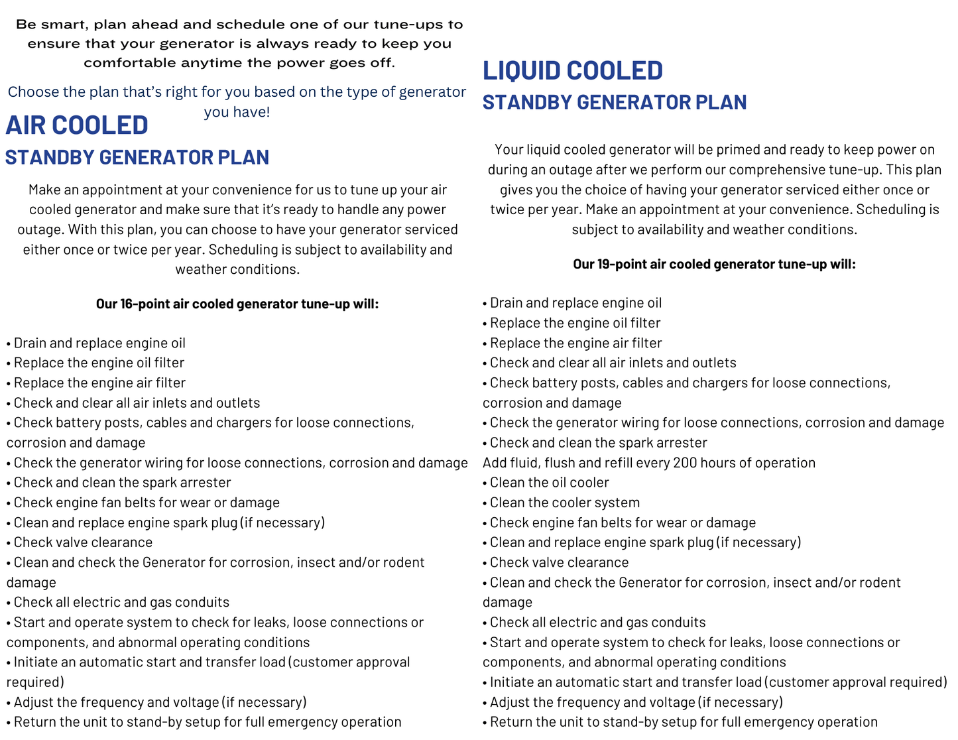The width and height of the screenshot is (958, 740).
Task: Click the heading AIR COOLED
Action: [x=77, y=125]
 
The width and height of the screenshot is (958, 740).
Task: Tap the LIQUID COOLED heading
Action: [x=572, y=70]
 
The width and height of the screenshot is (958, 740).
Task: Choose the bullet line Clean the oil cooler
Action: [x=549, y=483]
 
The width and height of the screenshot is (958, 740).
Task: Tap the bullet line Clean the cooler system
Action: [x=564, y=503]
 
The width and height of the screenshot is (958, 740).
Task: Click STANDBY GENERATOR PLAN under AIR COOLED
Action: [x=137, y=157]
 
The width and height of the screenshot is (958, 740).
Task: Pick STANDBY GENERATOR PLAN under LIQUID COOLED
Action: [x=615, y=102]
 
